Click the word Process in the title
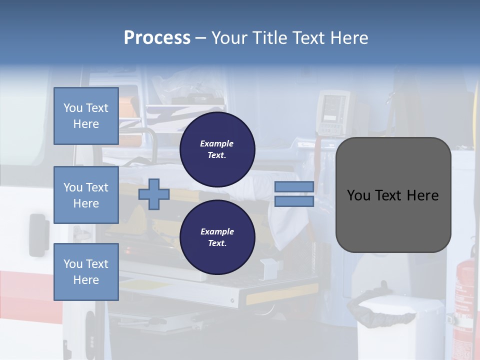[157, 38]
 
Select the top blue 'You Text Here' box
[86, 116]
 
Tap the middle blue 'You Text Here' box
[86, 195]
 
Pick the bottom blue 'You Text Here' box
[86, 272]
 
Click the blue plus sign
[153, 194]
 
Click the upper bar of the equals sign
[294, 186]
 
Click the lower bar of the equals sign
[294, 201]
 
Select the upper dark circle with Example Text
[217, 149]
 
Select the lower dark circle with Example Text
[217, 237]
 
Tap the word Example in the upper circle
[217, 143]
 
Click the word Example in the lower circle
[217, 231]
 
